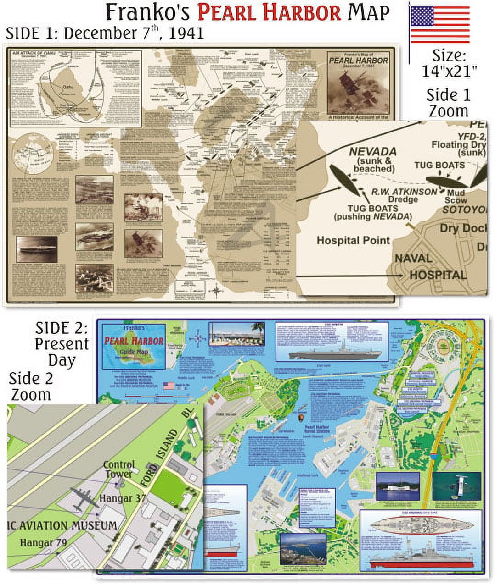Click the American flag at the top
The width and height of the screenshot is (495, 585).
click(x=440, y=24)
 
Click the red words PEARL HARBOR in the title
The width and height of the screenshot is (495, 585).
click(x=270, y=12)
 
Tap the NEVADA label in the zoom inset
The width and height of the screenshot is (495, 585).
click(x=373, y=151)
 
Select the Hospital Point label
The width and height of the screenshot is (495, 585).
click(x=353, y=240)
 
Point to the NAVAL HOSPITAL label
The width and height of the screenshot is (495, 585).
click(x=431, y=267)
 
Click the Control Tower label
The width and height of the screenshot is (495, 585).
click(x=119, y=469)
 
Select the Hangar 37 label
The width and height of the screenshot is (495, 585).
click(x=124, y=498)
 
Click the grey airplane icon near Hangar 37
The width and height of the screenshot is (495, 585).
click(x=84, y=498)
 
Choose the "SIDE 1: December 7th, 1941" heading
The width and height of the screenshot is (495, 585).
click(x=105, y=33)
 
